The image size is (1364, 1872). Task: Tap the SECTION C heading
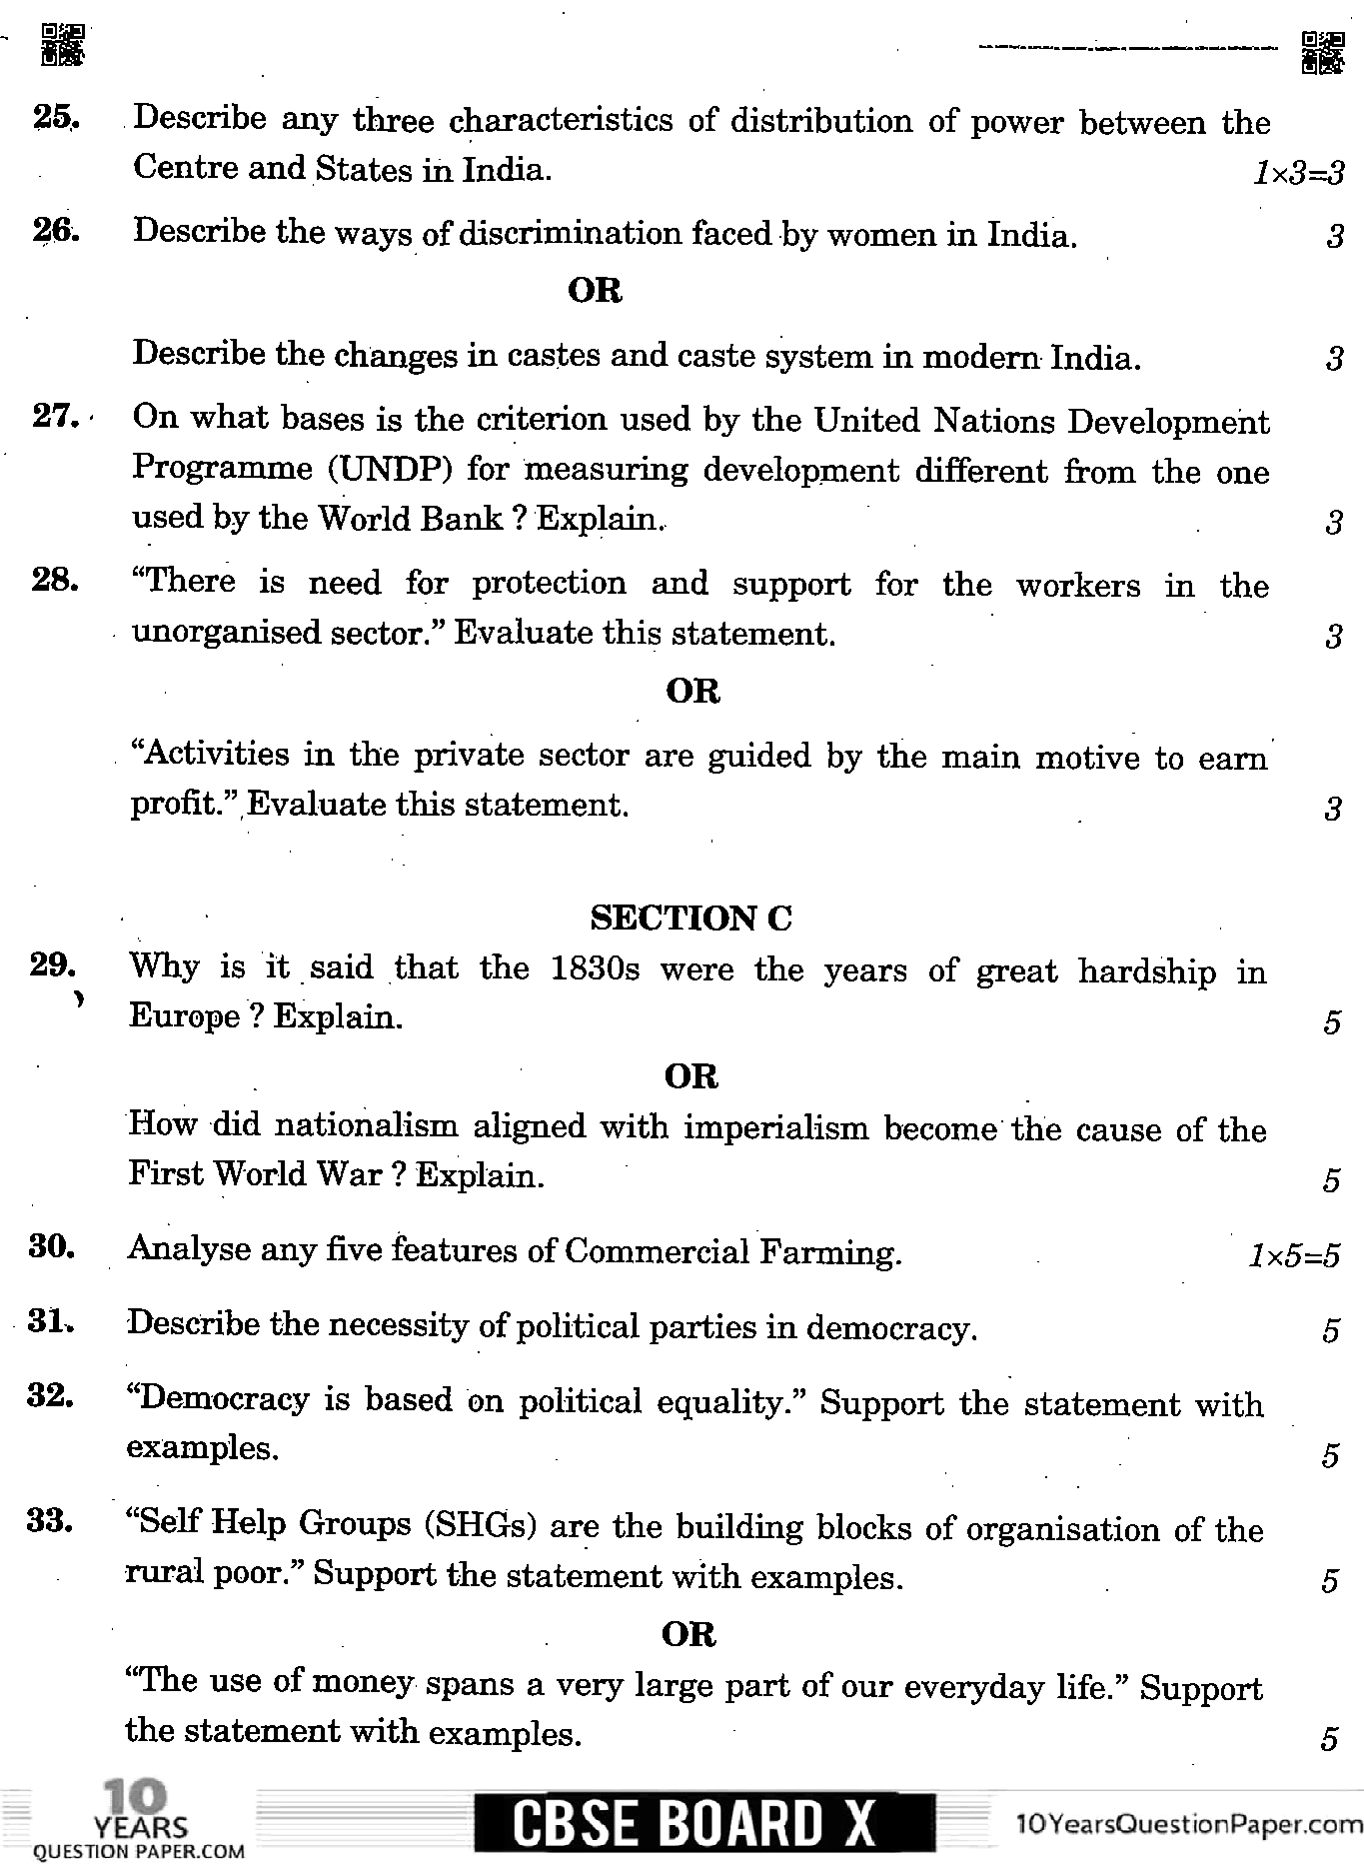(x=690, y=918)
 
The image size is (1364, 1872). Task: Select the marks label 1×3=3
(x=1298, y=174)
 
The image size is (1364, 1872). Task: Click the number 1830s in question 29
(x=595, y=969)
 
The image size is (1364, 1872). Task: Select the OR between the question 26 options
(x=595, y=291)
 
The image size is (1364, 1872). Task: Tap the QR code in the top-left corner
(x=62, y=44)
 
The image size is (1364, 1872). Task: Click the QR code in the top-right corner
(x=1322, y=52)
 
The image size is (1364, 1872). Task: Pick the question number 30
(x=52, y=1247)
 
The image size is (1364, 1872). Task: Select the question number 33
(x=51, y=1521)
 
